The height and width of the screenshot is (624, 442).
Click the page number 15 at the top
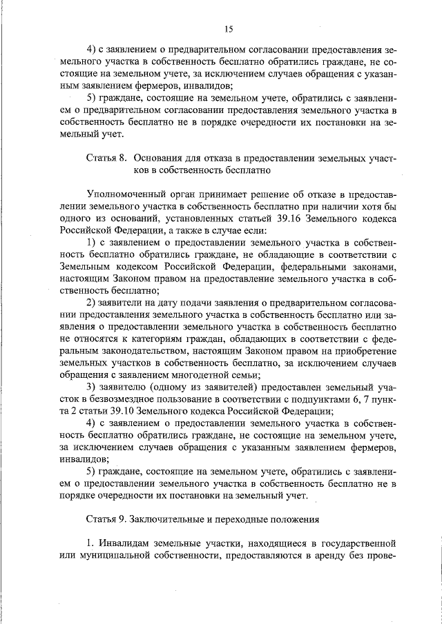coord(229,28)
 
